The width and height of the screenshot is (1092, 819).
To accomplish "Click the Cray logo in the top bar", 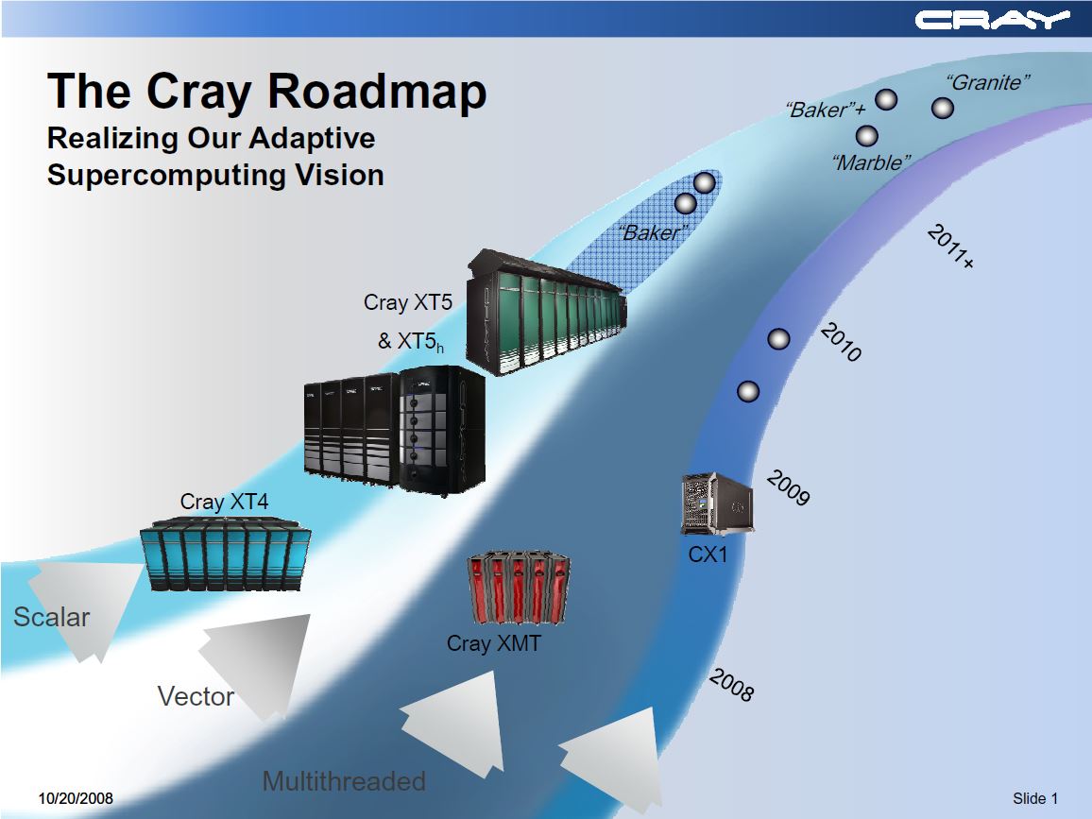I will pos(992,20).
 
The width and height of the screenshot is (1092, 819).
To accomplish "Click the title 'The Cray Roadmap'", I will pos(267,92).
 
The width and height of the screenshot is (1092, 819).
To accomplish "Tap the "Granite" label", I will pos(987,83).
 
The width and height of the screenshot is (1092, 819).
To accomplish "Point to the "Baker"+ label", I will pos(826,111).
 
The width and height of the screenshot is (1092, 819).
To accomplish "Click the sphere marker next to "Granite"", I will pos(942,109).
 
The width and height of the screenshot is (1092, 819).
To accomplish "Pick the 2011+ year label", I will pos(950,247).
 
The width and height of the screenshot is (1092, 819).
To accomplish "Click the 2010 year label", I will pos(840,343).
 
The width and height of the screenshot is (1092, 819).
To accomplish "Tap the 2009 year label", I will pos(787,487).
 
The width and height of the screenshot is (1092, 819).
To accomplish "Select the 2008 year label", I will pos(731,685).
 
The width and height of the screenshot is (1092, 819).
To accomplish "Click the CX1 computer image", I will pos(716,503).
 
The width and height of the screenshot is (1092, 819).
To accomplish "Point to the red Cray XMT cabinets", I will pos(520,589).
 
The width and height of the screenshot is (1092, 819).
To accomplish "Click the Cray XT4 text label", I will pos(224,502).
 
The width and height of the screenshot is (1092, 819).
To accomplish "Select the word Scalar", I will pos(52,618).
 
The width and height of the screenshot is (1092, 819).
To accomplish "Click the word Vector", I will pos(196,697).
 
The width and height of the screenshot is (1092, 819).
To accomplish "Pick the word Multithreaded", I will pos(344,782).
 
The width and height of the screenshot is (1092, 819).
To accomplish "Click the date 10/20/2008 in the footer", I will pos(76,799).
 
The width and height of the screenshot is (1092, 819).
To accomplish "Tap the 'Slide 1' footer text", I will pos(1035,799).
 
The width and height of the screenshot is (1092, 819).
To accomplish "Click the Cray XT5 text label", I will pos(408,303).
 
